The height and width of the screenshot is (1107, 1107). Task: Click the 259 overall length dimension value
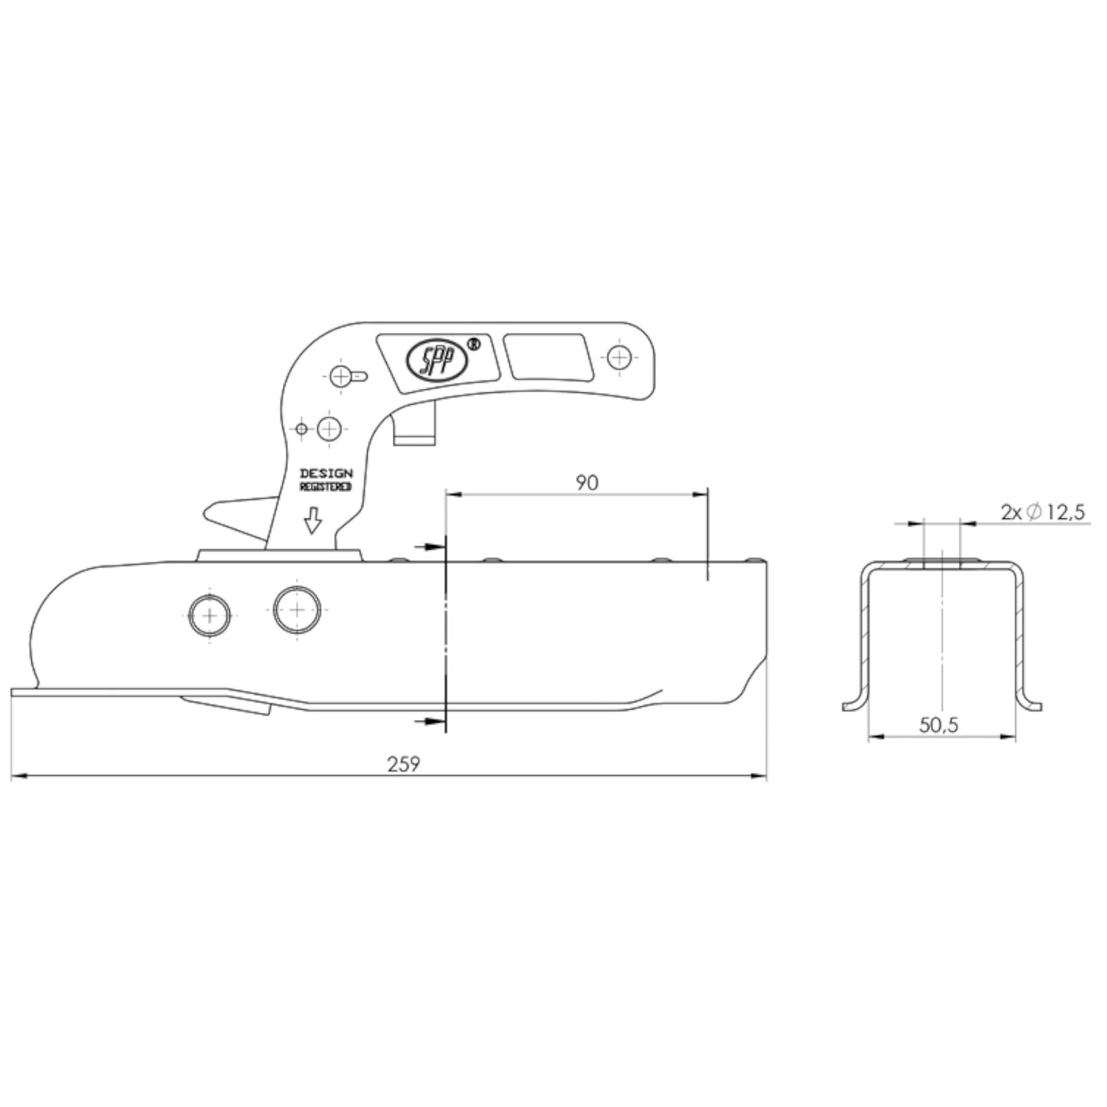[403, 764]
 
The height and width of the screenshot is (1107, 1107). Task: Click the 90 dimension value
[587, 483]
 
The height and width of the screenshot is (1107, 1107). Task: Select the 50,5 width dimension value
[939, 725]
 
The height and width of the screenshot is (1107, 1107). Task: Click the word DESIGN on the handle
[326, 474]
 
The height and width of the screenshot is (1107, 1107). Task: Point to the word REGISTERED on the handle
[325, 487]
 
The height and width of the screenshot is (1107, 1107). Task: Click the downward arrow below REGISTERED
[313, 520]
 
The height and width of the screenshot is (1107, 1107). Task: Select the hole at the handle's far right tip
[621, 357]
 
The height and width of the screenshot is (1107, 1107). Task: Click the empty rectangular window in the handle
[547, 357]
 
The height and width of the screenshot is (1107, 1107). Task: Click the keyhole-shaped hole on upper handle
[346, 377]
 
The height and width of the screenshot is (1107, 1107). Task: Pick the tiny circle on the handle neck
[301, 429]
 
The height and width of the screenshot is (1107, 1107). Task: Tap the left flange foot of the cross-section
[853, 704]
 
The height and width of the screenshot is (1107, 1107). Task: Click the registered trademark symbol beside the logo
[474, 343]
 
